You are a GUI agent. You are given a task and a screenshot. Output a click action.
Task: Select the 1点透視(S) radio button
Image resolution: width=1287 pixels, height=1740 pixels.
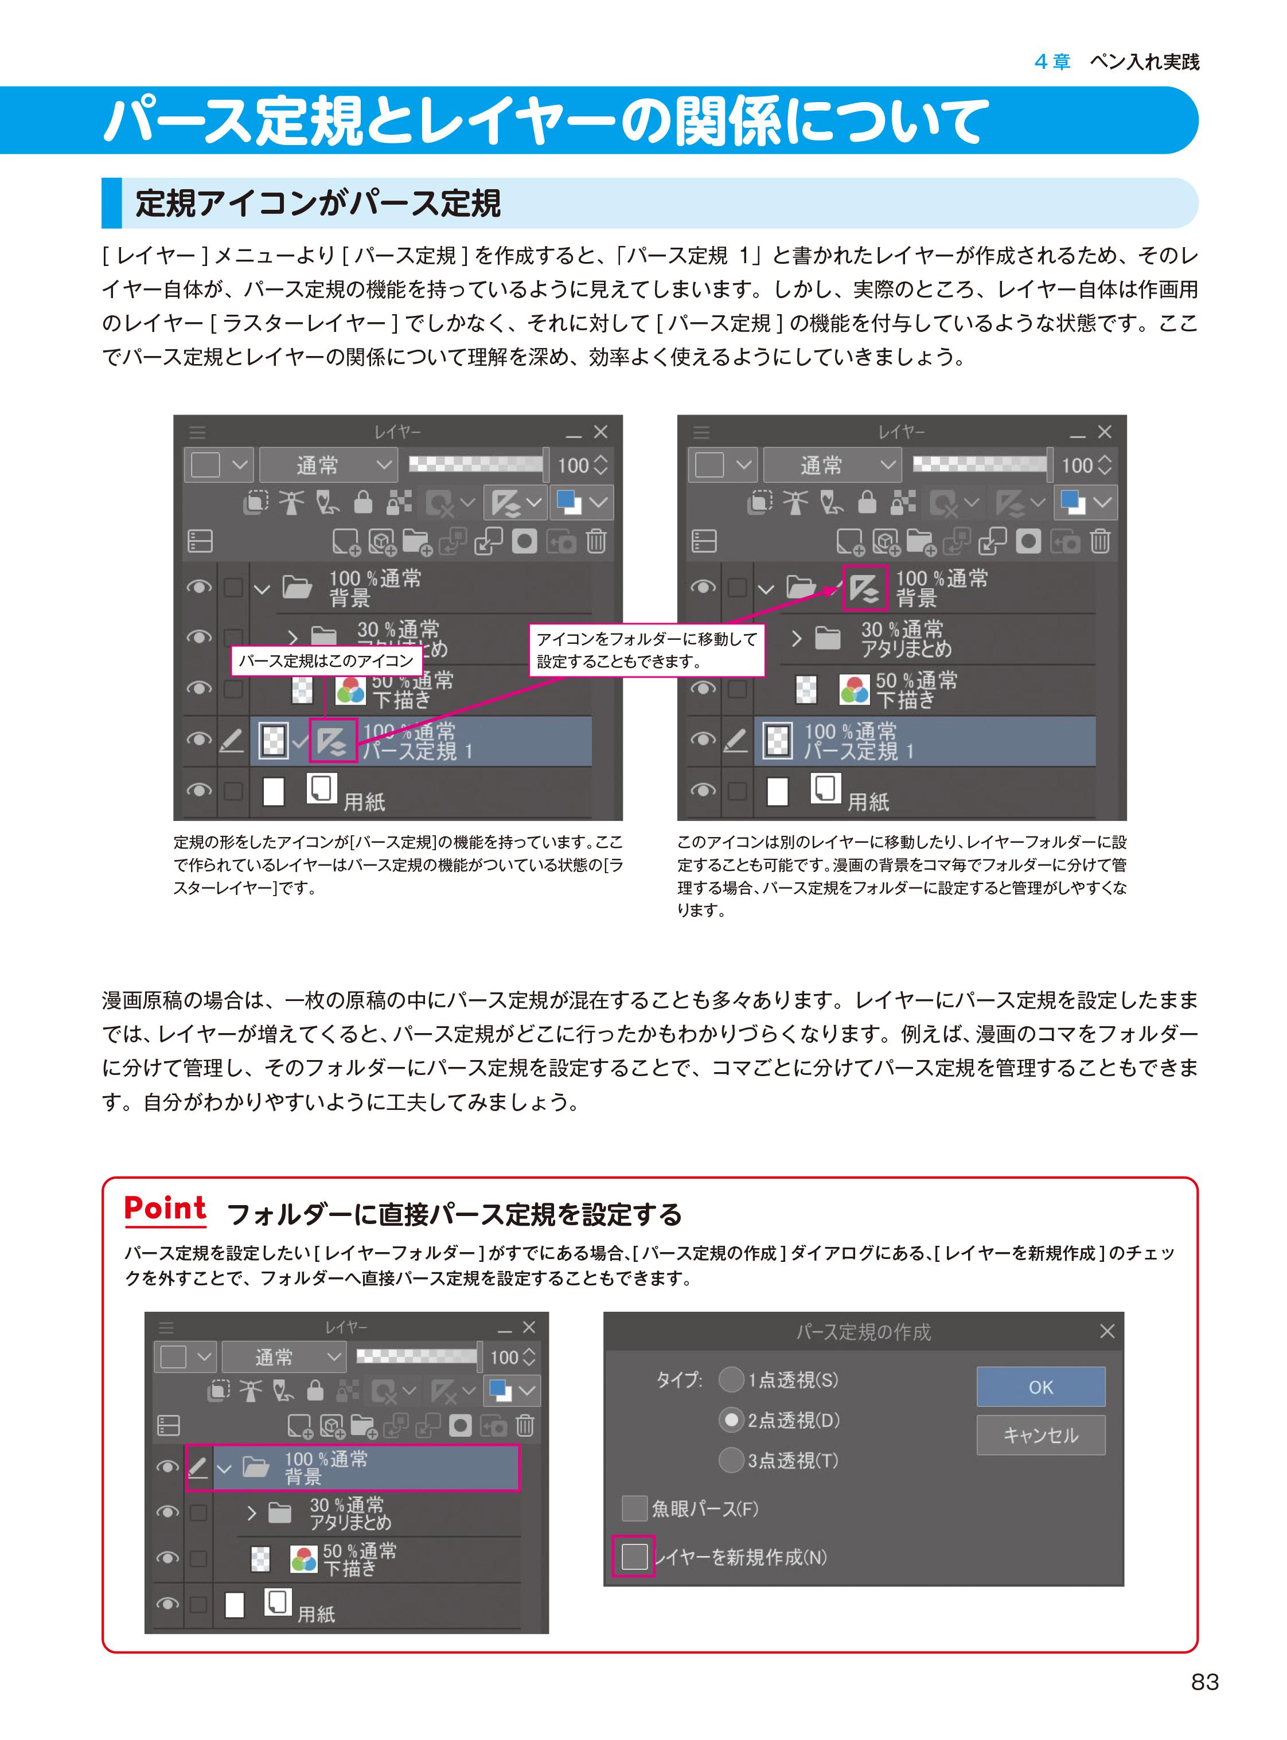[731, 1379]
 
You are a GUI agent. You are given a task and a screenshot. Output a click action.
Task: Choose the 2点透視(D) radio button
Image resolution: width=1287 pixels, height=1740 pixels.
[731, 1420]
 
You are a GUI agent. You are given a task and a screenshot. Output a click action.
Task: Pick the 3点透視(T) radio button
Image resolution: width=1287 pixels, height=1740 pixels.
[731, 1460]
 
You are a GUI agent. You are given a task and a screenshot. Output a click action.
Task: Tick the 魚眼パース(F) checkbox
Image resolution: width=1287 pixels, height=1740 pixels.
[634, 1509]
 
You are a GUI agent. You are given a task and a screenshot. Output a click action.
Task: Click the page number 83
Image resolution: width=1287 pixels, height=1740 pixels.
[1204, 1682]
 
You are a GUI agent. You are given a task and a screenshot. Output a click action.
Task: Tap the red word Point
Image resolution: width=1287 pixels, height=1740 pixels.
[165, 1208]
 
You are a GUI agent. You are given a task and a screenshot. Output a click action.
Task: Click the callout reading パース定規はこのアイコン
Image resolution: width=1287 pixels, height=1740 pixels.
[326, 660]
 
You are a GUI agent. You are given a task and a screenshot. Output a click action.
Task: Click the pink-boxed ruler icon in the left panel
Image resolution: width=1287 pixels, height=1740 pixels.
[333, 740]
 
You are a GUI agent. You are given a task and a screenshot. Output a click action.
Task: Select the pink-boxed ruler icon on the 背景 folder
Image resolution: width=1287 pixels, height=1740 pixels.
[865, 587]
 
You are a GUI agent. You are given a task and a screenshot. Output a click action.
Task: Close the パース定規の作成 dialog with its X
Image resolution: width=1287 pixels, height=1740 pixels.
[1107, 1331]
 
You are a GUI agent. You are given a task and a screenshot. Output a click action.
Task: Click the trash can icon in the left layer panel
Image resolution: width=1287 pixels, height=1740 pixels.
[596, 541]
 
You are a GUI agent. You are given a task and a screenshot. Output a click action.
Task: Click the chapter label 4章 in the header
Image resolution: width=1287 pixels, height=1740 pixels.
[1052, 61]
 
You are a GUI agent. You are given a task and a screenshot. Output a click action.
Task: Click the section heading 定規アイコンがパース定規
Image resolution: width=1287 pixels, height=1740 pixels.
[318, 204]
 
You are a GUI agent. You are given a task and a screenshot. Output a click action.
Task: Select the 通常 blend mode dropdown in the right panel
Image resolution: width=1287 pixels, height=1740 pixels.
[831, 465]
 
